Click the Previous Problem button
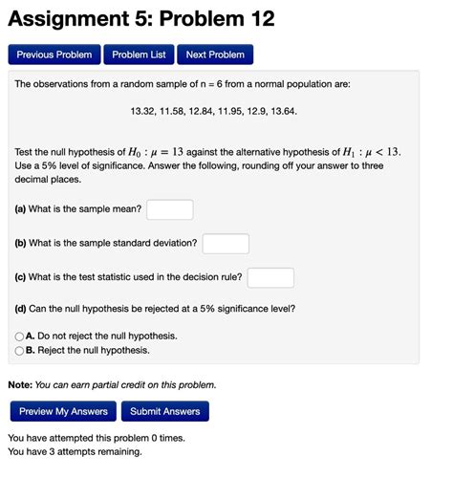point(54,54)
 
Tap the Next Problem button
point(215,54)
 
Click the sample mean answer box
point(170,208)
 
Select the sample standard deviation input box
point(226,243)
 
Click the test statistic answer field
point(270,277)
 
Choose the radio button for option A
point(19,337)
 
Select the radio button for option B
point(19,350)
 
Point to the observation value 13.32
point(143,112)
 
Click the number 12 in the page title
point(260,18)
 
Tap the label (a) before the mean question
point(20,208)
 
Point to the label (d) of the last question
point(20,309)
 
